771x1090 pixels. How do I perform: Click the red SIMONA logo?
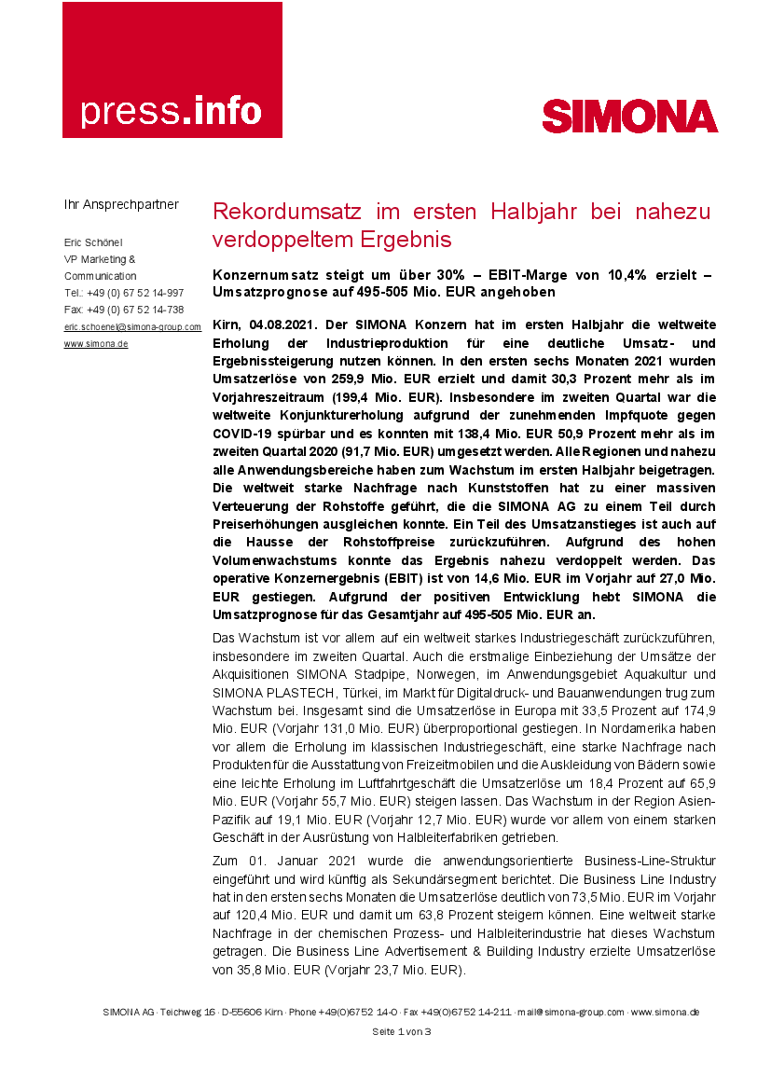tap(629, 117)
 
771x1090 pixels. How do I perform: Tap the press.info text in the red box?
tap(171, 111)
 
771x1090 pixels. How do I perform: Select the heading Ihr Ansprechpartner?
tap(121, 204)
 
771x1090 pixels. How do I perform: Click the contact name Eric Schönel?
tap(94, 242)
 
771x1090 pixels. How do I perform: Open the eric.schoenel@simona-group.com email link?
tap(132, 327)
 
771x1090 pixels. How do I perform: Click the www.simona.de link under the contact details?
tap(96, 344)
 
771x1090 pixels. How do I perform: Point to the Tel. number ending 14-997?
tap(124, 293)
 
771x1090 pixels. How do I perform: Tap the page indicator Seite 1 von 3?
tap(401, 1032)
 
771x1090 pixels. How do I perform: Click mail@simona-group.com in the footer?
tap(571, 1012)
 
